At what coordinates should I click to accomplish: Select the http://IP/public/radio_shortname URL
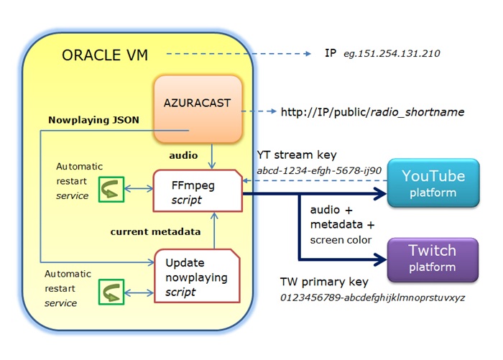372,112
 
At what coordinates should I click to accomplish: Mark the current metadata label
150,231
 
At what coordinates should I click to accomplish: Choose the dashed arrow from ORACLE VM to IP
237,54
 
